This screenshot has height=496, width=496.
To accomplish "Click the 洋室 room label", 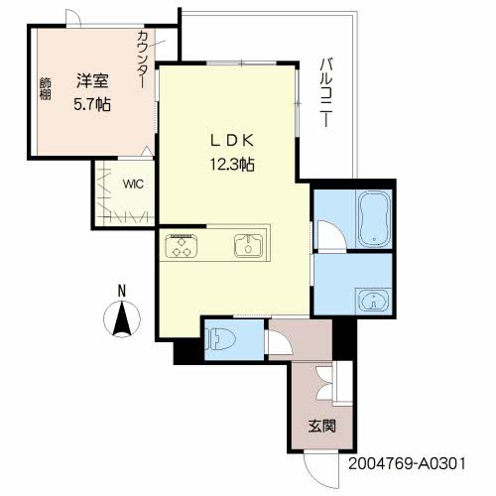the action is click(x=92, y=80).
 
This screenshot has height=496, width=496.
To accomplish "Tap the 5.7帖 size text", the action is click(x=92, y=105).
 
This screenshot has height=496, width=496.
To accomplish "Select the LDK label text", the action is click(x=232, y=141).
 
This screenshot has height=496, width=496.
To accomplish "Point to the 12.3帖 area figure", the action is click(x=232, y=165).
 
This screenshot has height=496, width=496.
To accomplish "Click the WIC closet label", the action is click(x=133, y=184).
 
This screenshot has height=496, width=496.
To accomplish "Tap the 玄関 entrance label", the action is click(x=322, y=426).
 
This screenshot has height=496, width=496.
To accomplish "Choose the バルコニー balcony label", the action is click(x=326, y=92).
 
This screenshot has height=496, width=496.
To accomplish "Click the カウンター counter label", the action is click(x=142, y=60).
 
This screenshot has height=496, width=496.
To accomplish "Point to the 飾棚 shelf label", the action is click(x=46, y=88).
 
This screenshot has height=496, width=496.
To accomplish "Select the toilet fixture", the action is click(x=219, y=339).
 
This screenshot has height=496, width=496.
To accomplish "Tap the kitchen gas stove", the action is click(x=182, y=246).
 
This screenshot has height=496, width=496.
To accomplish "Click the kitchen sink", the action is click(x=249, y=246).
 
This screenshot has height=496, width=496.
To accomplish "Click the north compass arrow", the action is click(x=122, y=319).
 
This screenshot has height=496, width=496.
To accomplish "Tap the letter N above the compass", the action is click(x=122, y=291).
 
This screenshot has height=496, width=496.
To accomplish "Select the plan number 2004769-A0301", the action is click(x=407, y=463).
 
